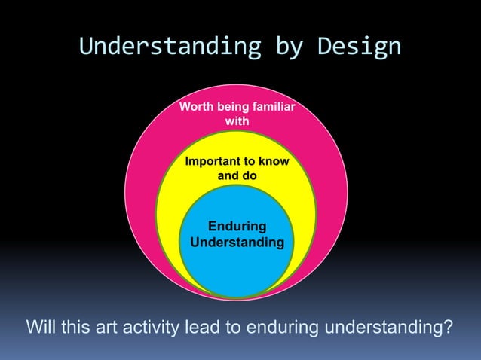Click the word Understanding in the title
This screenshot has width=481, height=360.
click(x=161, y=47)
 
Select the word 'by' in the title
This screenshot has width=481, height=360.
click(x=284, y=47)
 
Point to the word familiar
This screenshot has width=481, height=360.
click(x=271, y=108)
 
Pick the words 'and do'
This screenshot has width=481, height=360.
click(x=237, y=175)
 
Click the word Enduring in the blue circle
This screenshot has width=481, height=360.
click(x=237, y=227)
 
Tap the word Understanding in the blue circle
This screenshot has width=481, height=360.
click(x=237, y=243)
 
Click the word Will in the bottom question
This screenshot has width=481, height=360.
click(x=41, y=328)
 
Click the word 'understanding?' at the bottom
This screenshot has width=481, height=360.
click(x=388, y=328)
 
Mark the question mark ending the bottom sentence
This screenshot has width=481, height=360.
click(x=449, y=328)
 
